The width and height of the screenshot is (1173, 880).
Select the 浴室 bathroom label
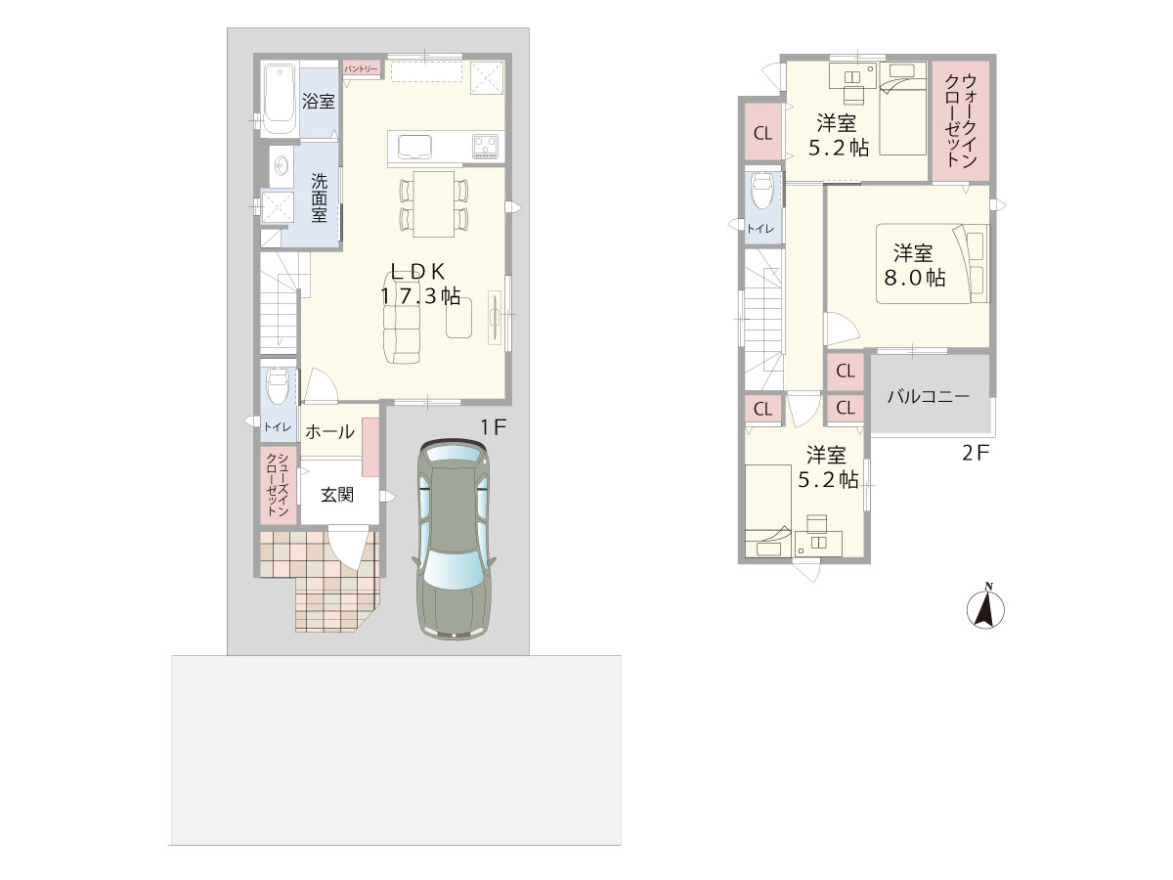[x=318, y=101]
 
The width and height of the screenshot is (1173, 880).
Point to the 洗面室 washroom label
[x=319, y=198]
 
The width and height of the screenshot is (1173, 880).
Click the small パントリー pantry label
[x=361, y=69]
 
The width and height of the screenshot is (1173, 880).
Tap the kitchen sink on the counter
[x=413, y=147]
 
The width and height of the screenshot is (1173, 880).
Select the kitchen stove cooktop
[x=485, y=147]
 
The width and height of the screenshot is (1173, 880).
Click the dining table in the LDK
[x=433, y=203]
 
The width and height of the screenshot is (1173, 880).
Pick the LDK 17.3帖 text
[x=420, y=284]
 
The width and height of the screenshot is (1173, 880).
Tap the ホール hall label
[x=329, y=432]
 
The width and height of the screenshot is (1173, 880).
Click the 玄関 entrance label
[x=337, y=495]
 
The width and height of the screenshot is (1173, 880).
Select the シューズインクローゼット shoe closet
[x=278, y=485]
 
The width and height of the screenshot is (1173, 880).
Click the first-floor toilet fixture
[x=277, y=385]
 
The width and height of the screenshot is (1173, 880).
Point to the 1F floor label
[x=493, y=427]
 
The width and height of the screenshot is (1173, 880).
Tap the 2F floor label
[x=976, y=454]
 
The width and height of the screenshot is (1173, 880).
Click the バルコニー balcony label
[x=929, y=397]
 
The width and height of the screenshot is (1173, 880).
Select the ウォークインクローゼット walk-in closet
[x=961, y=120]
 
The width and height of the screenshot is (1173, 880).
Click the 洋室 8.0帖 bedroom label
[x=914, y=265]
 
